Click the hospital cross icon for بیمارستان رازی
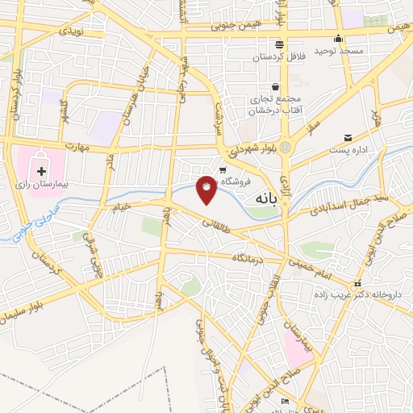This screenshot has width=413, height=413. click(42, 171)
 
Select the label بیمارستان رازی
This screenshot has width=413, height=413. click(41, 186)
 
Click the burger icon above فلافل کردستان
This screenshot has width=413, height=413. click(279, 44)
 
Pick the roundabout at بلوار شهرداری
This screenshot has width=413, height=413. click(286, 146)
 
